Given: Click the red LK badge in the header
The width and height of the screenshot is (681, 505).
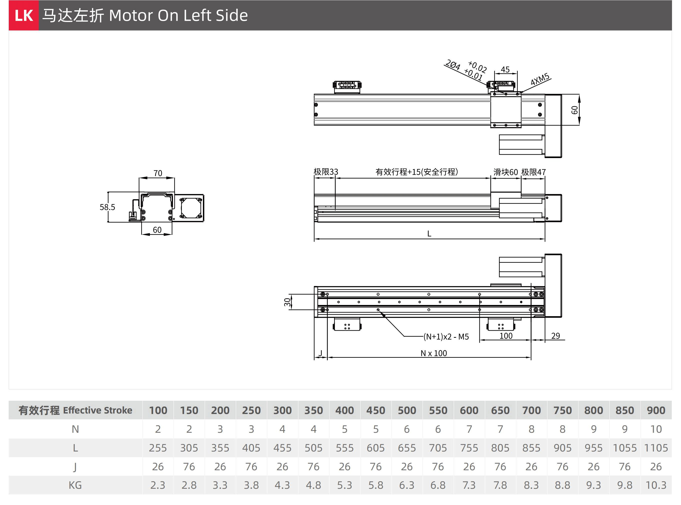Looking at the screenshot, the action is tap(23, 15).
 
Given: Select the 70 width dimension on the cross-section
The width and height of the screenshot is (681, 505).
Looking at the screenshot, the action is tap(158, 173).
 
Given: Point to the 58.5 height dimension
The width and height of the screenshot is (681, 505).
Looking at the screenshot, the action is tap(107, 207).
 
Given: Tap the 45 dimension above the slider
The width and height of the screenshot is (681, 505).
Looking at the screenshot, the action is tap(505, 70).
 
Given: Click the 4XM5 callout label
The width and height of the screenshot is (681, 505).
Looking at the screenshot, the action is tap(540, 79).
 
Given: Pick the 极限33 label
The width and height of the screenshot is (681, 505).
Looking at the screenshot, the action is tap(326, 172).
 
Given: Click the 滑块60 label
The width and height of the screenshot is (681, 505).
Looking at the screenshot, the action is tap(506, 172).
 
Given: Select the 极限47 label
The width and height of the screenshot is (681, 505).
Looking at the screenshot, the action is tap(534, 172).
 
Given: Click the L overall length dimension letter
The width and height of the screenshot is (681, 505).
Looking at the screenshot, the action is tap(429, 234).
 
